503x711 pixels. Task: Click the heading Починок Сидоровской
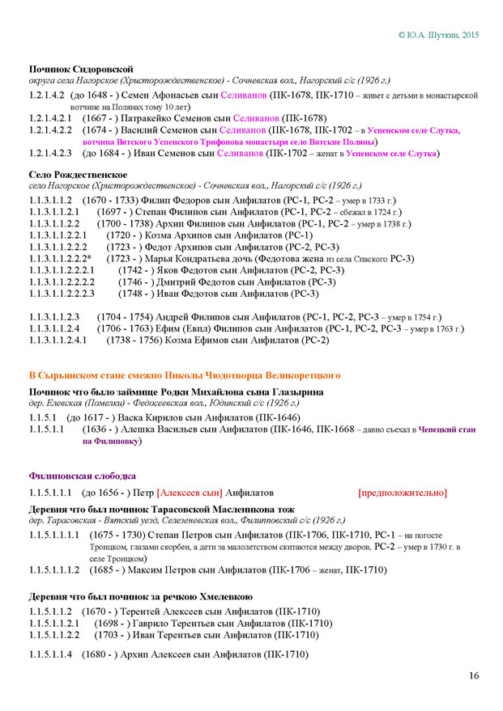click(x=81, y=69)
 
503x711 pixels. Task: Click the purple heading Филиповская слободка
click(x=82, y=476)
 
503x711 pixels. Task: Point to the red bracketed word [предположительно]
click(x=402, y=493)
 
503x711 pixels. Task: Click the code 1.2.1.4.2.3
click(x=51, y=153)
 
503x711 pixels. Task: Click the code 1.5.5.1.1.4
click(x=51, y=654)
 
